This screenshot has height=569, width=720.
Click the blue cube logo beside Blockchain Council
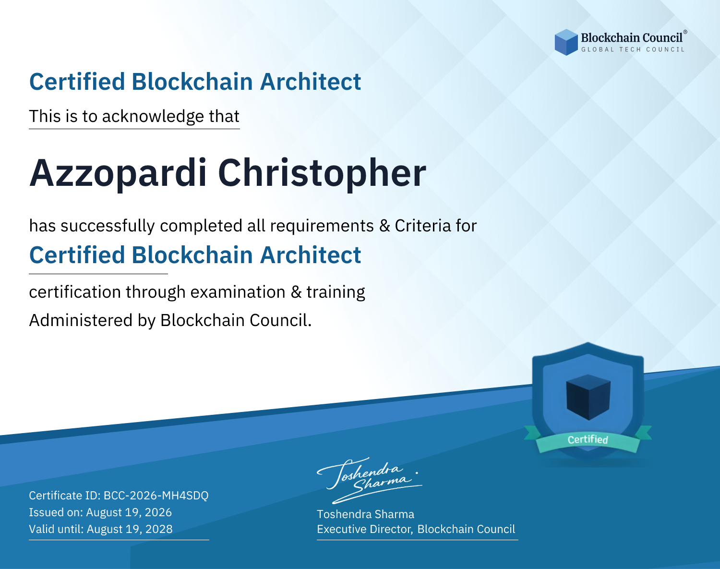tap(566, 42)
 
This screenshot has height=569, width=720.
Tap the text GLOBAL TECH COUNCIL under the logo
tap(633, 49)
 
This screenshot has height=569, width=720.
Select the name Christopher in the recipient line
tap(322, 173)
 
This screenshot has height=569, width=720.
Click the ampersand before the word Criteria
tap(384, 226)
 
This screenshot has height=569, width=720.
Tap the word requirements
tap(322, 226)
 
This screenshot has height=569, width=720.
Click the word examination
tap(238, 292)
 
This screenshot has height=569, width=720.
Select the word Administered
tap(81, 320)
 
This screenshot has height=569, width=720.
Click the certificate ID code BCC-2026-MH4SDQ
tap(156, 496)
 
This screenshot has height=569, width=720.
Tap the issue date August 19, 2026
tap(129, 512)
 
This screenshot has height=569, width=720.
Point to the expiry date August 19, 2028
tap(130, 529)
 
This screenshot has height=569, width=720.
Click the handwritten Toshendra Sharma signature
tap(369, 480)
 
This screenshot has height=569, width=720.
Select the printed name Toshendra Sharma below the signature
tap(365, 514)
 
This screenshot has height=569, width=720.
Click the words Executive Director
tap(364, 529)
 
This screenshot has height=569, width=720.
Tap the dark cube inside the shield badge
tap(588, 397)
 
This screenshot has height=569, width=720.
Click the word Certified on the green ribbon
tap(588, 439)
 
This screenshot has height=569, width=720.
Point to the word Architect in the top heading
tap(311, 82)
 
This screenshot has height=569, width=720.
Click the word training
tap(336, 292)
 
